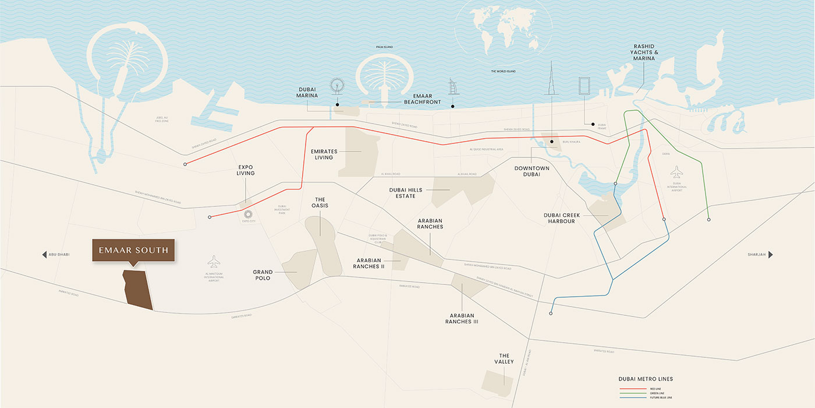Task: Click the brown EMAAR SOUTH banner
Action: coord(133,250)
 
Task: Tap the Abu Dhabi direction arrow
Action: coord(44,255)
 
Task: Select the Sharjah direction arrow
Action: coord(770,255)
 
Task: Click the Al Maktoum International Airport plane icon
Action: coord(214,261)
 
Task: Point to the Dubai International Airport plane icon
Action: coord(676,172)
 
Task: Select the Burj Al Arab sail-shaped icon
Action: coord(453,89)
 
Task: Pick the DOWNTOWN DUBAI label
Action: coord(531,171)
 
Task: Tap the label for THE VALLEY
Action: coord(504,358)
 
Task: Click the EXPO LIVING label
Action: coord(246,170)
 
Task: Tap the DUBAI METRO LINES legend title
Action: coord(646,379)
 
